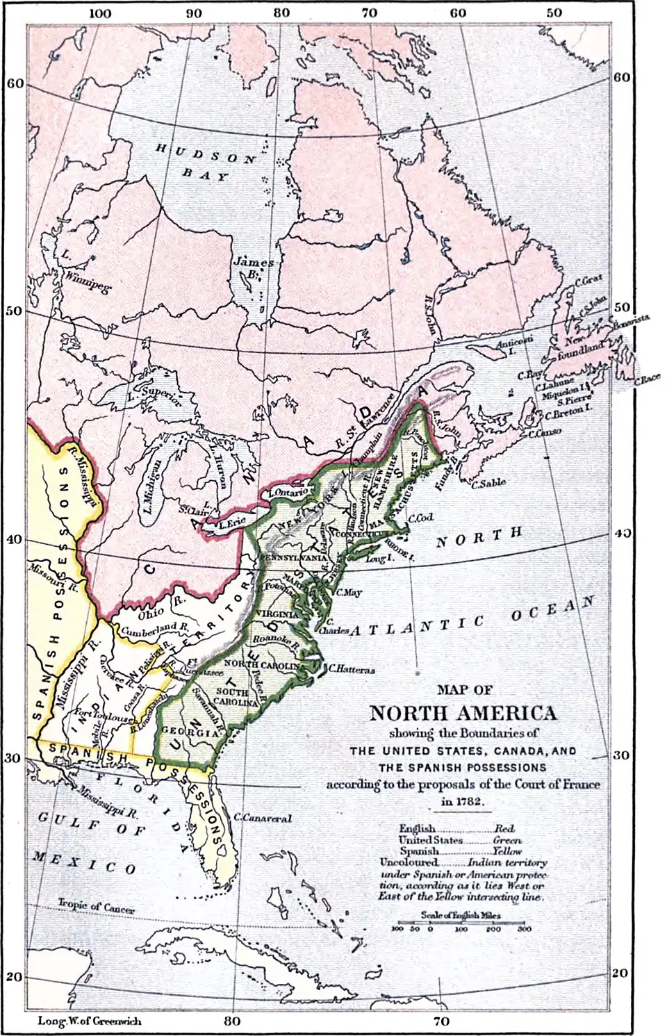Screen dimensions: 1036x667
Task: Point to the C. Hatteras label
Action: [x=352, y=670]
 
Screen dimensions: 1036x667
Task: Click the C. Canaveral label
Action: [x=263, y=818]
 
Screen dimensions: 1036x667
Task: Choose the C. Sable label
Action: [x=488, y=482]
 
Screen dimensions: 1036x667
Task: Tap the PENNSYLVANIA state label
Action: [x=293, y=558]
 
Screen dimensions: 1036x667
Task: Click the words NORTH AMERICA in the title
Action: [x=462, y=714]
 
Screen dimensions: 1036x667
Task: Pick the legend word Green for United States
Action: [x=507, y=839]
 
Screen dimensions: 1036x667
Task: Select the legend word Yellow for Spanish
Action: [x=507, y=850]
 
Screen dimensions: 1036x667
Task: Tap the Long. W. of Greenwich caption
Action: [x=88, y=1021]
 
